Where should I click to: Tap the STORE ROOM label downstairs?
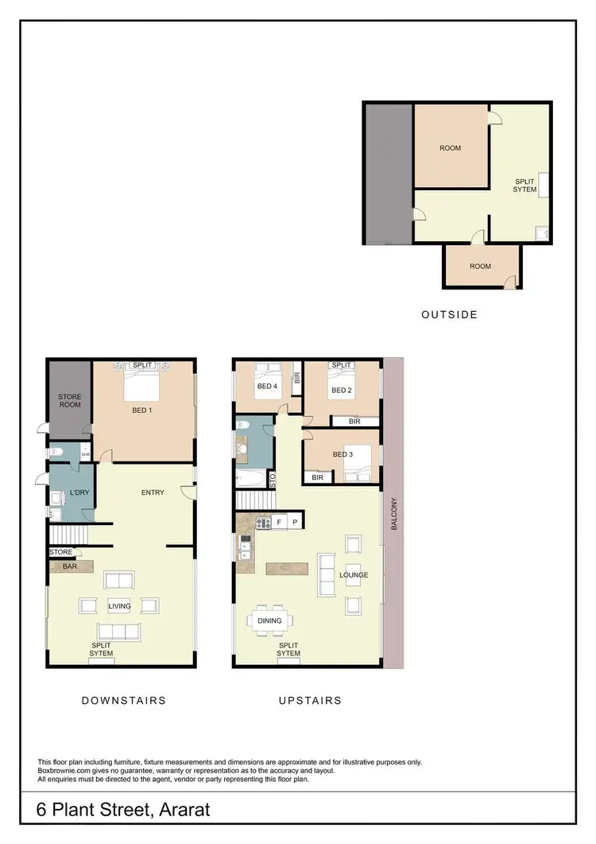(x=70, y=401)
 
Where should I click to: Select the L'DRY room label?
(x=79, y=493)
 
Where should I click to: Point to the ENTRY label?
(x=153, y=492)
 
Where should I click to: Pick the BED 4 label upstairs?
(x=266, y=387)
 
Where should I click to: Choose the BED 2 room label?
(x=342, y=390)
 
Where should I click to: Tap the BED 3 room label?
(x=343, y=454)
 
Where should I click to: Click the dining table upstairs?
(x=269, y=620)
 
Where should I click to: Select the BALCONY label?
(x=393, y=514)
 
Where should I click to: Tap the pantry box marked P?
(x=294, y=523)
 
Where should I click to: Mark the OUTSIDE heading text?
(x=449, y=314)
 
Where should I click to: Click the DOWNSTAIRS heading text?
(x=124, y=701)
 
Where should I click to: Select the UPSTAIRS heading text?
(x=310, y=701)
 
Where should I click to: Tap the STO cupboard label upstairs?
(x=273, y=480)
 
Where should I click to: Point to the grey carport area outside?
(x=388, y=173)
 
